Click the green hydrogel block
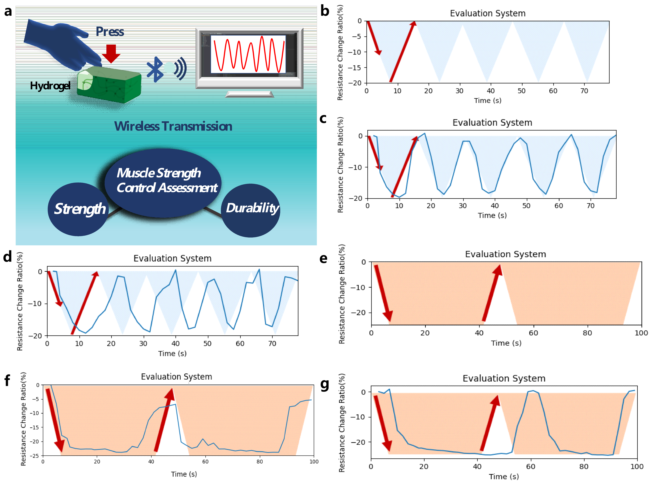click(110, 85)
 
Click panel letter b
click(325, 11)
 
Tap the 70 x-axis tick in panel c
click(590, 206)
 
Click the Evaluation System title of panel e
click(505, 254)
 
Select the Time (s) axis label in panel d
click(172, 354)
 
